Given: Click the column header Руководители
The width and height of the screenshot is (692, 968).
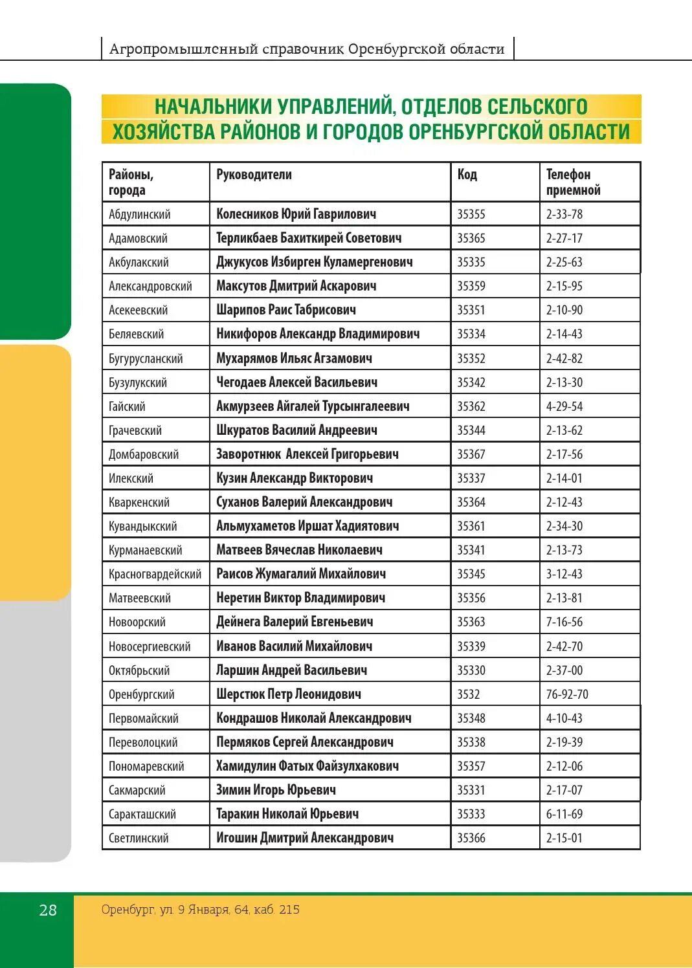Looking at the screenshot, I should click(254, 175).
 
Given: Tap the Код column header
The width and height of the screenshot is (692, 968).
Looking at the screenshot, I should click(467, 175).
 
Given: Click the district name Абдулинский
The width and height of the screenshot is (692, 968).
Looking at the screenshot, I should click(140, 214).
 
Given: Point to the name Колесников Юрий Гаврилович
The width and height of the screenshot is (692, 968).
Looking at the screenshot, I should click(296, 214).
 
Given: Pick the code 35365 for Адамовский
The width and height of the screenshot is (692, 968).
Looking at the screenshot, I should click(471, 238).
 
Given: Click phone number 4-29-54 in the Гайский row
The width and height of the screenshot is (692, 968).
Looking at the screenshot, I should click(564, 406).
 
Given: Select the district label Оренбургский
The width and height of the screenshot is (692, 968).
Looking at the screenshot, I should click(142, 694).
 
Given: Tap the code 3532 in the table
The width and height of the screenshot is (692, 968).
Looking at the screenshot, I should click(468, 694).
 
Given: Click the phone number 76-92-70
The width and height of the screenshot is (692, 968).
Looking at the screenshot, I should click(567, 694).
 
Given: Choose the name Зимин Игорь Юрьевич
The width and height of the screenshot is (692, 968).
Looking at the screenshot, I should click(276, 790).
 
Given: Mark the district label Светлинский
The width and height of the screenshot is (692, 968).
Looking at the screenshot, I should click(139, 838).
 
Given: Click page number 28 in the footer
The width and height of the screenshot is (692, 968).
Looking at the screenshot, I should click(48, 910).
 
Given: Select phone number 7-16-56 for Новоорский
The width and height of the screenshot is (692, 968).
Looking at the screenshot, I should click(564, 622).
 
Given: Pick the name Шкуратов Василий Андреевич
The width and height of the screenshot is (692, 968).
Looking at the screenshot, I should click(296, 430).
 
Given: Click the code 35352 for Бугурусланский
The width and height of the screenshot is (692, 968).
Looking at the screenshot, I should click(471, 358).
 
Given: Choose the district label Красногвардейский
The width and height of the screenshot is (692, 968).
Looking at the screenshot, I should click(155, 574).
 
